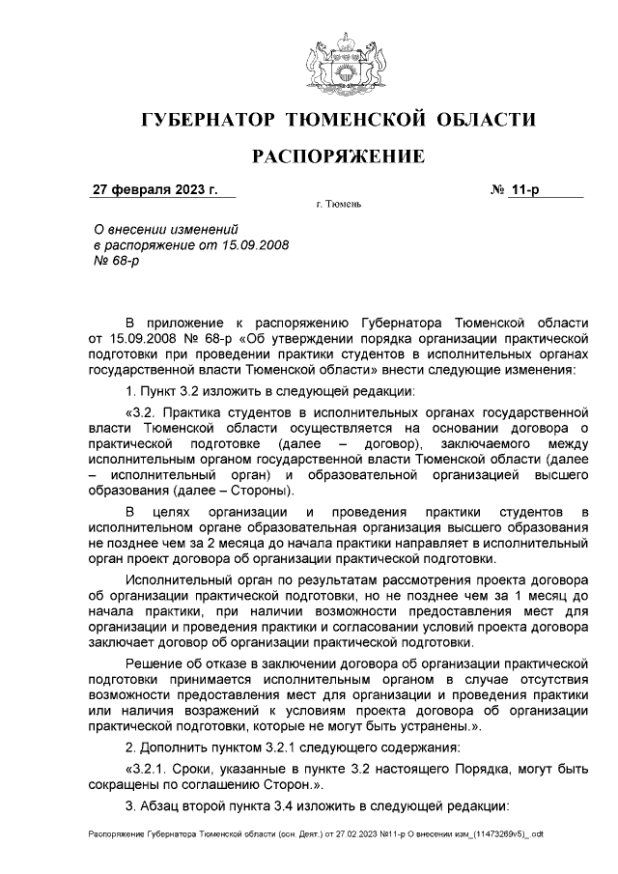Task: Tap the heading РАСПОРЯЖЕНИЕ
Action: pyautogui.click(x=338, y=156)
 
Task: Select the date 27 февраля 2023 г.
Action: pyautogui.click(x=155, y=189)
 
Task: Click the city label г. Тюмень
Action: pyautogui.click(x=339, y=207)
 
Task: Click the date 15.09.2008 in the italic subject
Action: pyautogui.click(x=256, y=245)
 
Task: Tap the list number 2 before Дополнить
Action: pyautogui.click(x=129, y=748)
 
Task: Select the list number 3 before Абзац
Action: pyautogui.click(x=129, y=806)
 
